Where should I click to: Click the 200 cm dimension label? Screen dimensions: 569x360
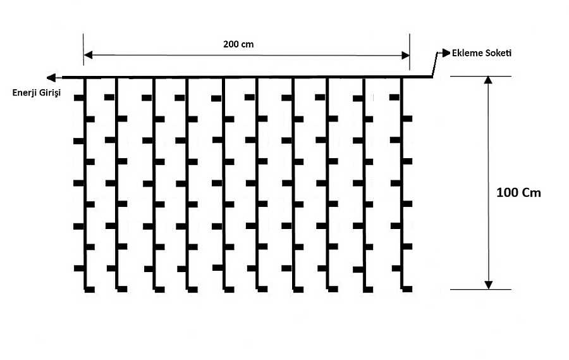point(238,44)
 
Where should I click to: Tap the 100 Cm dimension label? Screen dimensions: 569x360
point(518,192)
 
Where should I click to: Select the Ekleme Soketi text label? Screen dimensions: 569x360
point(482,53)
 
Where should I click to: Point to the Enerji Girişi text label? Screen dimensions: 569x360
point(37,92)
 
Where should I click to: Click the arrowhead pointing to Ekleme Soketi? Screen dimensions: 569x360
point(446,53)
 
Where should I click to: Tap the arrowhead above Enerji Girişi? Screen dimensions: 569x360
point(51,77)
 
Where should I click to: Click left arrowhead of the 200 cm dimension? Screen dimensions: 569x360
point(88,55)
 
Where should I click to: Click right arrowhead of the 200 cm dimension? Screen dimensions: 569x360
point(405,55)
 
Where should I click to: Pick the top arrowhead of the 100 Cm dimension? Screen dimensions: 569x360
point(489,80)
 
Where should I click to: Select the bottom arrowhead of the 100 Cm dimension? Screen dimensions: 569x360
point(489,285)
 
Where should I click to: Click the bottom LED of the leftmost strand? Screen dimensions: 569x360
point(90,290)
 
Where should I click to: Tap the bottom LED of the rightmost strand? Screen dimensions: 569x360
point(407,289)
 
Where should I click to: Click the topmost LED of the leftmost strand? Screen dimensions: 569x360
point(79,97)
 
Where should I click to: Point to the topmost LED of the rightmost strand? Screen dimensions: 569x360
point(395,97)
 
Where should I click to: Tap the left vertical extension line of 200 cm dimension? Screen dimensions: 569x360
point(83,50)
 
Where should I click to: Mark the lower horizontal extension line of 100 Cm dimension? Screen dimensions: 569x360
point(481,290)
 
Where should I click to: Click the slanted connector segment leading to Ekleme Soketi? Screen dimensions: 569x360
point(435,65)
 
